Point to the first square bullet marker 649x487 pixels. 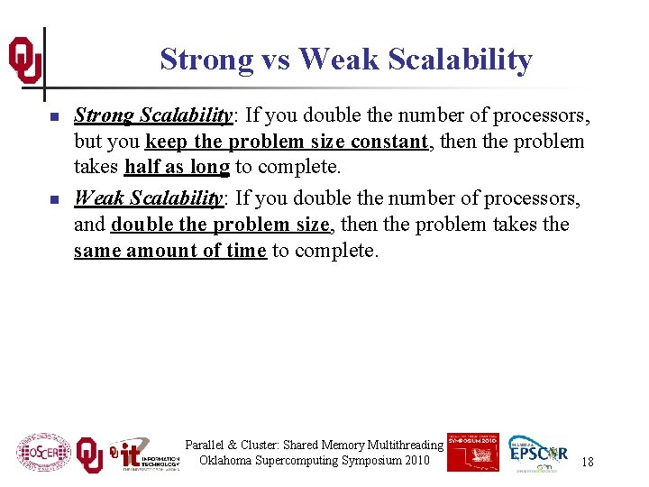coord(54,117)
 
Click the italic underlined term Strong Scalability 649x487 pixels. coord(151,115)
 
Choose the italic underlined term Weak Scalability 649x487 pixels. coord(149,198)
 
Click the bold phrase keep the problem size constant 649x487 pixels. coord(286,142)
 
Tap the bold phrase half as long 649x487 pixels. coord(178,168)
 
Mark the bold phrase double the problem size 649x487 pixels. coord(220,224)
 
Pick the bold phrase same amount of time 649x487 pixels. coord(170,251)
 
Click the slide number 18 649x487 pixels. coord(587,462)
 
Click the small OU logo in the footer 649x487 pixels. coord(89,455)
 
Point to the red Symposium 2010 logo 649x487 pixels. coord(471,451)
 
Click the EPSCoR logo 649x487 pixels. coord(538,454)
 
